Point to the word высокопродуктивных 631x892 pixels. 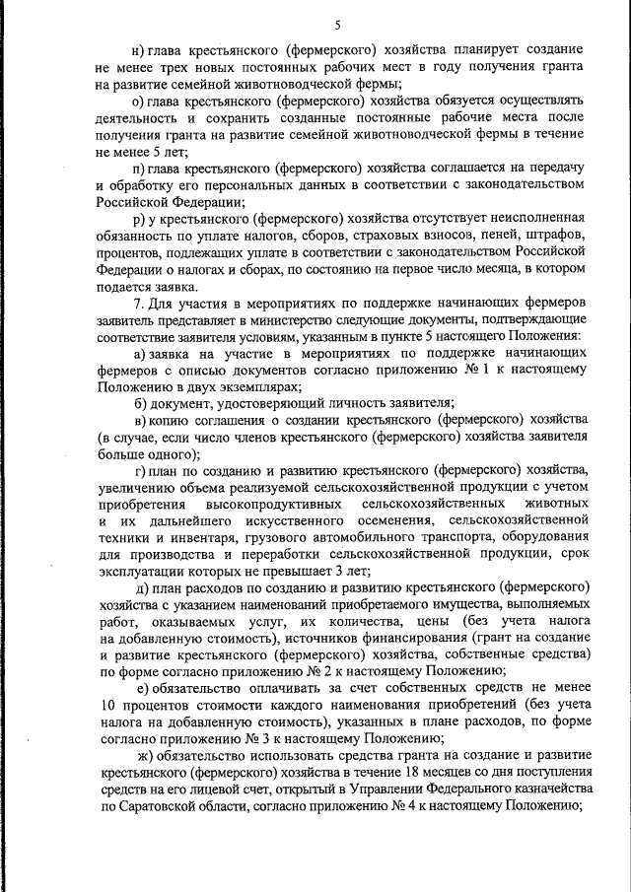[274, 503]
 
